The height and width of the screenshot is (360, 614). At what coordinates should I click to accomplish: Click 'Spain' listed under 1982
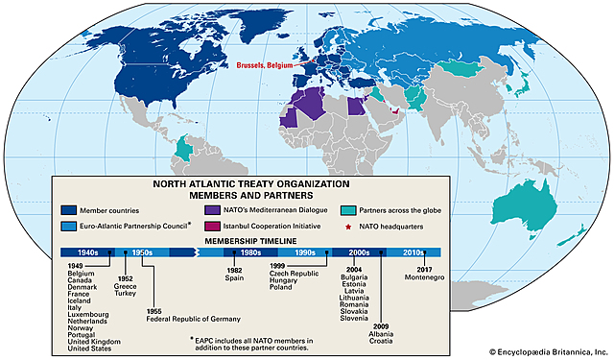(233, 277)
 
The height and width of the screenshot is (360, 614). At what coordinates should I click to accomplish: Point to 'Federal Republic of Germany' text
(181, 319)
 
